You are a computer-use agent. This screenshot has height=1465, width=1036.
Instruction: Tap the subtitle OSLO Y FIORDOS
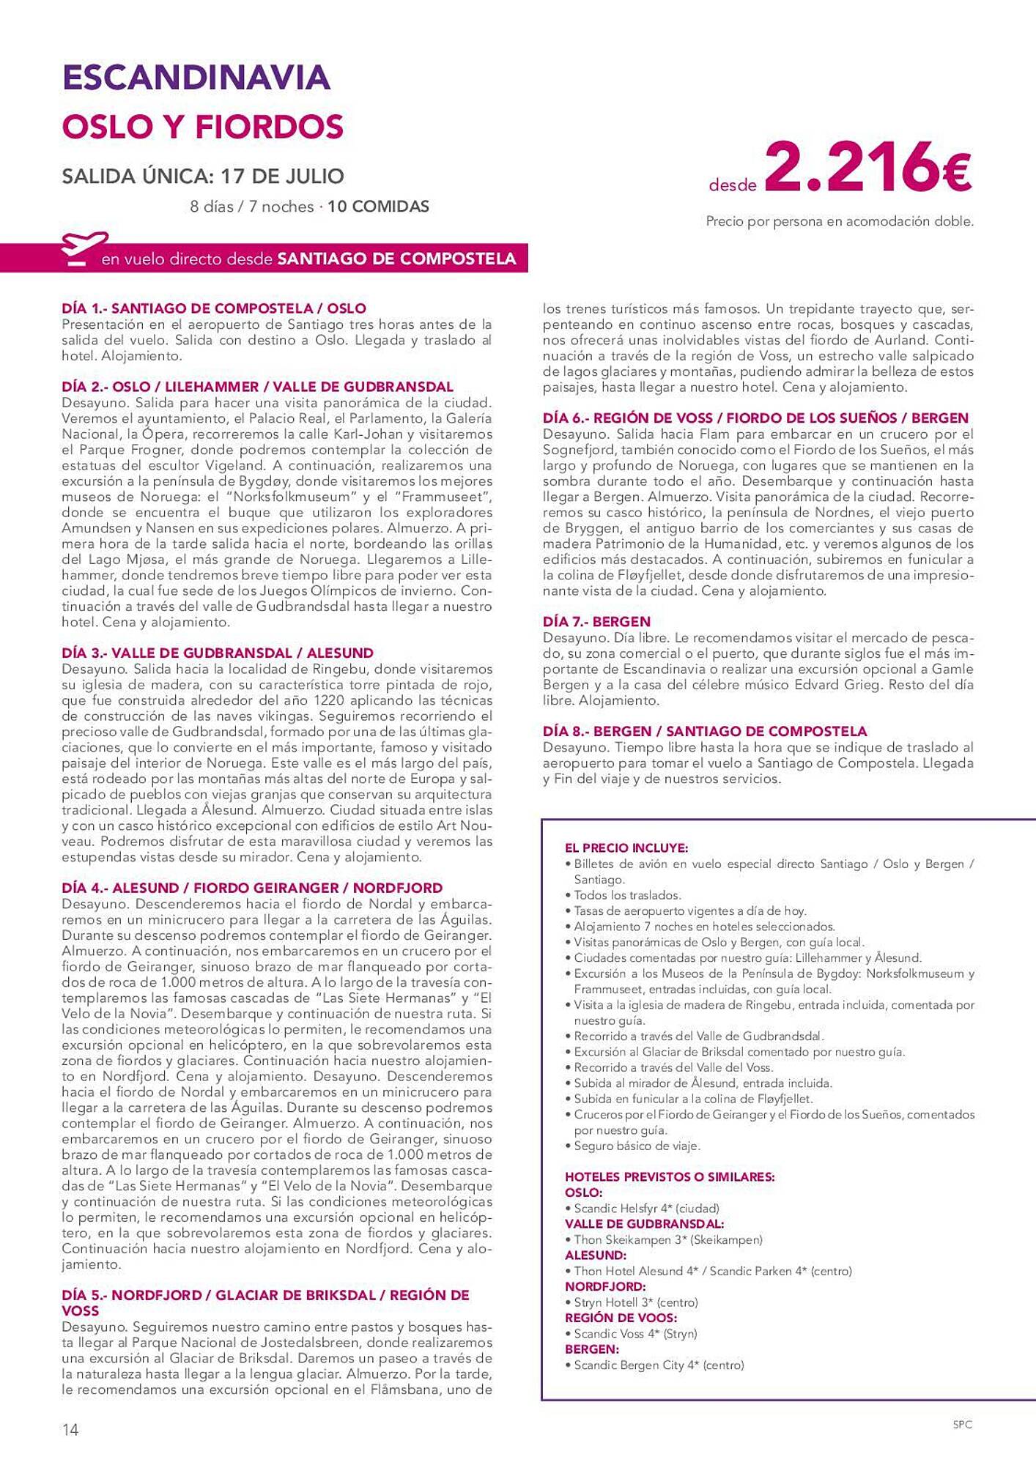(202, 127)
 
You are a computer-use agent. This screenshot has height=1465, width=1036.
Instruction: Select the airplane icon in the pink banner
(84, 249)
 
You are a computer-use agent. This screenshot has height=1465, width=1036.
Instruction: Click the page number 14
(70, 1429)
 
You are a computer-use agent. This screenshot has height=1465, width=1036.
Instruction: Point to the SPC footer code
(962, 1425)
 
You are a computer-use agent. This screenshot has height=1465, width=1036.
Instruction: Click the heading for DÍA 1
(214, 308)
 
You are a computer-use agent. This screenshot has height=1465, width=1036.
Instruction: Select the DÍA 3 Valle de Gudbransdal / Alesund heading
(218, 653)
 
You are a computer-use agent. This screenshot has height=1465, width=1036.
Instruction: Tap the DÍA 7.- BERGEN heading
(596, 622)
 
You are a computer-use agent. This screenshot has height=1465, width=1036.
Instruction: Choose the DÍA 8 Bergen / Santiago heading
(705, 731)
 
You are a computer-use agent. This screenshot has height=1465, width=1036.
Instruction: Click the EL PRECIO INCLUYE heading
(626, 848)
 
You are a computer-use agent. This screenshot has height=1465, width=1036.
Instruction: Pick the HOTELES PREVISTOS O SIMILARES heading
(670, 1177)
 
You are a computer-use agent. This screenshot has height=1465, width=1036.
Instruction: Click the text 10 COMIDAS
(378, 207)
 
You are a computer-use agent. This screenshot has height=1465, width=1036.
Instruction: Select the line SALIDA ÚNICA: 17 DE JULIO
(203, 177)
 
